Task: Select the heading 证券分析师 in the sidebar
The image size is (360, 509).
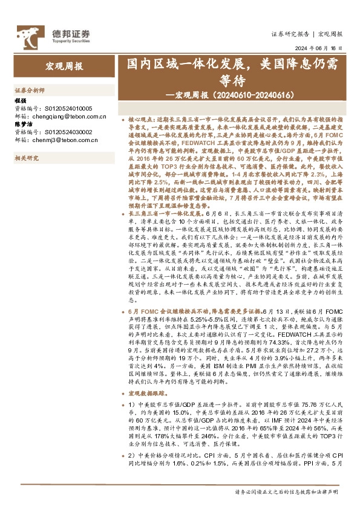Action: pyautogui.click(x=30, y=89)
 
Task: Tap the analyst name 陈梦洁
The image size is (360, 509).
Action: pyautogui.click(x=22, y=125)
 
